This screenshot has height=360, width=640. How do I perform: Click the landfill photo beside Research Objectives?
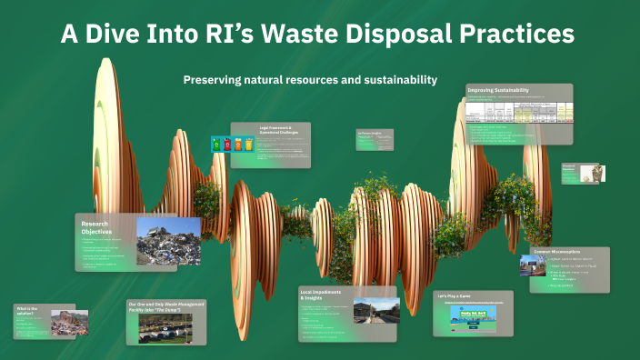click(168, 241)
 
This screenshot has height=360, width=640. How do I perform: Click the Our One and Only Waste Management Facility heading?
click(165, 306)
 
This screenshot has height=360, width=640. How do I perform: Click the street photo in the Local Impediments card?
click(375, 311)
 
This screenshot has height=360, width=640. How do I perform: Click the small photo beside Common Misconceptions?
click(529, 265)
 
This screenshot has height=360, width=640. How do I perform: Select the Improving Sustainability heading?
click(498, 90)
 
